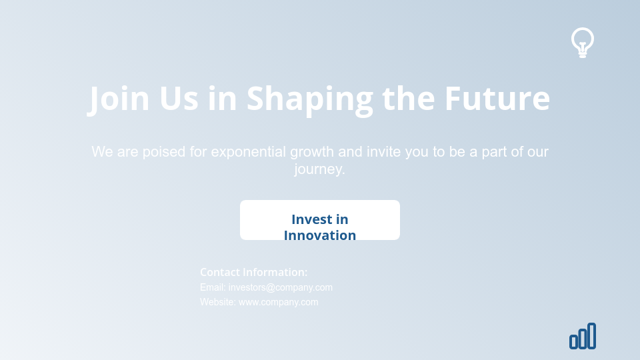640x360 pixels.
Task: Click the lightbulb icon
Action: [x=583, y=42]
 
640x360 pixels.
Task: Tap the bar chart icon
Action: [x=583, y=336]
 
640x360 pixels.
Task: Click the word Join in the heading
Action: [x=120, y=98]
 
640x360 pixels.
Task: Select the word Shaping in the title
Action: [x=310, y=98]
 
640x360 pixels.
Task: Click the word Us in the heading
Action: [x=179, y=98]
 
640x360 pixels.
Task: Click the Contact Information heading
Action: [x=254, y=272]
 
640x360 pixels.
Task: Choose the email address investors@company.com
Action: [x=281, y=287]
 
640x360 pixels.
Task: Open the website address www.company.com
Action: [x=279, y=302]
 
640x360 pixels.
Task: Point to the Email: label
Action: [x=213, y=287]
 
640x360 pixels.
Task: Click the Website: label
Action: [x=218, y=302]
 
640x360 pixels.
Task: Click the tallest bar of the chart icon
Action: [x=591, y=335]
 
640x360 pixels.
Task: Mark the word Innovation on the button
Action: [x=320, y=235]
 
